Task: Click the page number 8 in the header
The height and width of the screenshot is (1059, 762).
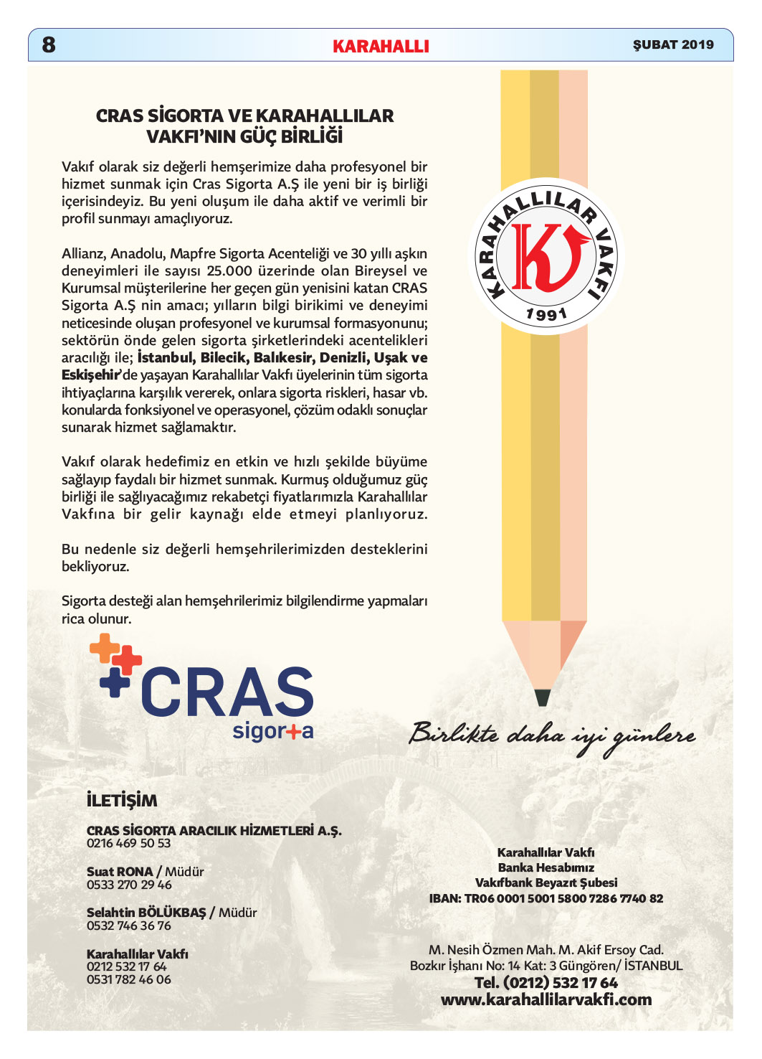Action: [49, 44]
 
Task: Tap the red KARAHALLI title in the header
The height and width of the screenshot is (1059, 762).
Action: [381, 47]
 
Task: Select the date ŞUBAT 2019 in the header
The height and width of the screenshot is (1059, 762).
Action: [673, 44]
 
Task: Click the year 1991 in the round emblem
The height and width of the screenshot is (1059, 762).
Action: [546, 314]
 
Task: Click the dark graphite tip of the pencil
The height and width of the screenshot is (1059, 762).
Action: [543, 697]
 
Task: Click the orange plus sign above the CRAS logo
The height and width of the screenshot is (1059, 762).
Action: [105, 648]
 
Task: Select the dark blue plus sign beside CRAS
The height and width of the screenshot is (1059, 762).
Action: [115, 682]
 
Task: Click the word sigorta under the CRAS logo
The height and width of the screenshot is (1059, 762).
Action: [273, 731]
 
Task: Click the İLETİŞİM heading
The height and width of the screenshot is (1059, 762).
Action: [122, 800]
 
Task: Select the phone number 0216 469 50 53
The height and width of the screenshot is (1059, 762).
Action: [129, 844]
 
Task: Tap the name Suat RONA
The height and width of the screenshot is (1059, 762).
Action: [120, 872]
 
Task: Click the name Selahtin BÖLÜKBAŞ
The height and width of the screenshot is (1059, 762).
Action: [146, 913]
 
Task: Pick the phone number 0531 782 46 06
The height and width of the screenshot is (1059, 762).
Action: [129, 979]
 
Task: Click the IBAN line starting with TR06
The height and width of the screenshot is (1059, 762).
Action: [546, 898]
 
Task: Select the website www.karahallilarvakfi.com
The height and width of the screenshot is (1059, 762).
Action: [546, 999]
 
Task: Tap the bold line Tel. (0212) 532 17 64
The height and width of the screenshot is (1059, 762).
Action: [546, 983]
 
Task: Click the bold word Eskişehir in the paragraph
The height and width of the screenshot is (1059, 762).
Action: [90, 375]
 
